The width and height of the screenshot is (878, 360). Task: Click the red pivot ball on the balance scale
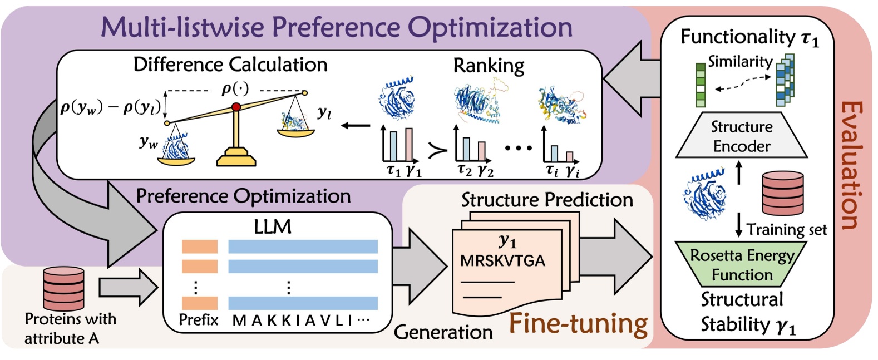tap(236, 106)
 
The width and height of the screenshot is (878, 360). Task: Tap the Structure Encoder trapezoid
tap(741, 136)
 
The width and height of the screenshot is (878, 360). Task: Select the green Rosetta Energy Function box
tap(742, 265)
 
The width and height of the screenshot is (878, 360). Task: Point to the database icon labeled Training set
tap(782, 193)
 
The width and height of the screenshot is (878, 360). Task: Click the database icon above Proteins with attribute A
tap(63, 288)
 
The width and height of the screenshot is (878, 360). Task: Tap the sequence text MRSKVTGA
tap(502, 260)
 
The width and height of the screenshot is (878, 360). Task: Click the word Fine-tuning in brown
tap(579, 324)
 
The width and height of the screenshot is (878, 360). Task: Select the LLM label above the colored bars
tap(272, 226)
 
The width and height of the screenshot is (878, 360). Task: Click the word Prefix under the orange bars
tap(199, 320)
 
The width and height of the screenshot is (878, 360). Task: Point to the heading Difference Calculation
tap(230, 65)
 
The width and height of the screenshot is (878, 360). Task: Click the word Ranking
tap(489, 66)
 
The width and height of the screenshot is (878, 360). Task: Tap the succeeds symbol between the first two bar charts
tap(437, 149)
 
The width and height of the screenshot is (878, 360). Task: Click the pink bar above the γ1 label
tap(409, 144)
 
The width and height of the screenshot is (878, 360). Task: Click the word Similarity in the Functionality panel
tap(740, 61)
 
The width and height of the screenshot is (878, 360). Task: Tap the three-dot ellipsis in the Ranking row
tap(518, 148)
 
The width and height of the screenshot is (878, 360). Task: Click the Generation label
tap(443, 332)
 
